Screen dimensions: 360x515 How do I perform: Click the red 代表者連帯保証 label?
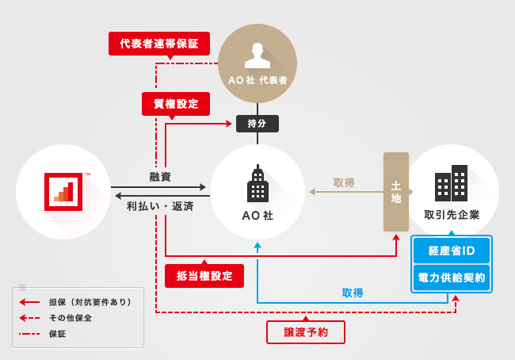159,43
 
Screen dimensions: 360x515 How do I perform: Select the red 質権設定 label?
176,104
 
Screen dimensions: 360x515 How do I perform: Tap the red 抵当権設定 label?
204,276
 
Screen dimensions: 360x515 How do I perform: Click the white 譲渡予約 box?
306,332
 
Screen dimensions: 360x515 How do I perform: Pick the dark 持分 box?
257,124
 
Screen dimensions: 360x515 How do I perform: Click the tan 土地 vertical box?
396,192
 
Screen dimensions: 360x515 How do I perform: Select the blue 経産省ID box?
452,251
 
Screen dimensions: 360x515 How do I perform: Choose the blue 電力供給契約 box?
452,278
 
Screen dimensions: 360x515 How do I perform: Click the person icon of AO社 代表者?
257,55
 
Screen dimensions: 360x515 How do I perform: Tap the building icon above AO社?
257,185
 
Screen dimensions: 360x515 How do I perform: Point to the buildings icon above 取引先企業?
451,183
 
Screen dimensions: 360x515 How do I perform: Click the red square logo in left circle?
63,192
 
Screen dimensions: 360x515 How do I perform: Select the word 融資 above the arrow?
160,177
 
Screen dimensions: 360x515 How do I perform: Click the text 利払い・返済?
160,206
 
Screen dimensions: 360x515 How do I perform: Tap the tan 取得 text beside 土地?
344,182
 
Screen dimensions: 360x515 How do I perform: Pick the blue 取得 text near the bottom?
353,293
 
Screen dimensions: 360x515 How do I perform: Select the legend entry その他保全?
71,318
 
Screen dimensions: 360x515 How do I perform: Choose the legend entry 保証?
57,334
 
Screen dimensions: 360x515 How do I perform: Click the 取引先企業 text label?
452,215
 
